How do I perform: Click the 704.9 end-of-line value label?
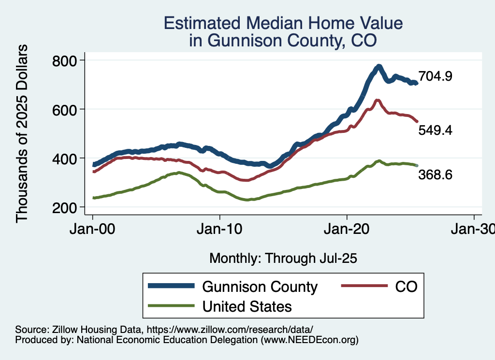pos(435,76)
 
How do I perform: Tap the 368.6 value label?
pos(435,175)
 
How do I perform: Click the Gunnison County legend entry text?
pos(260,287)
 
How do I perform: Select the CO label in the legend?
pos(407,287)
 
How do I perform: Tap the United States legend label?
pos(247,306)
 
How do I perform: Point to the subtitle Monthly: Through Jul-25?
pos(283,259)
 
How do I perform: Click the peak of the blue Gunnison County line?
pos(379,67)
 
